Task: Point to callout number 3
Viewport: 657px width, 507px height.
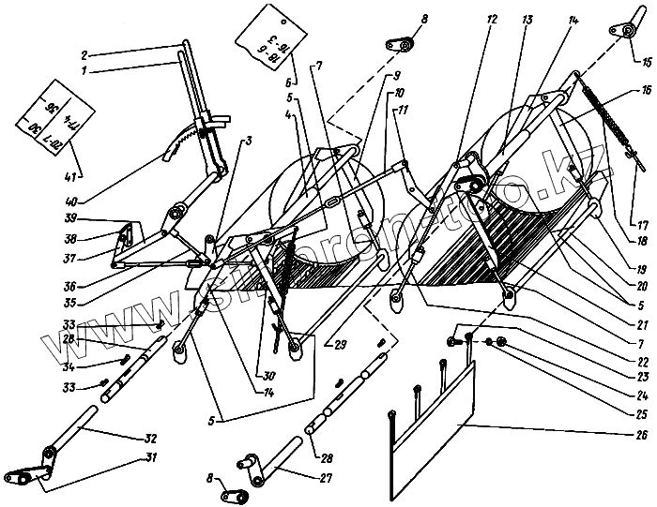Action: pyautogui.click(x=250, y=141)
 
